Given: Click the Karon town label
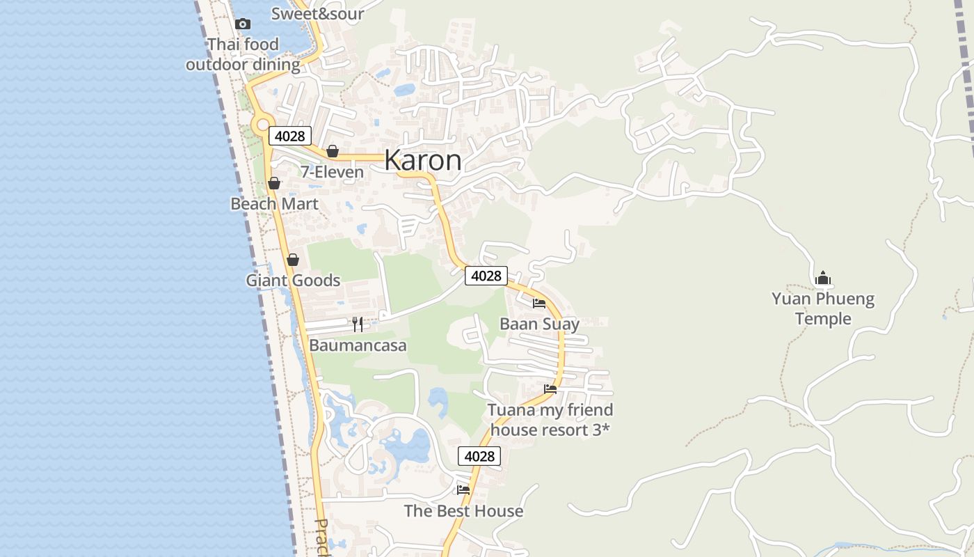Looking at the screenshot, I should click(x=422, y=160).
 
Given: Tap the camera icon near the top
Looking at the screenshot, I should click(x=242, y=24).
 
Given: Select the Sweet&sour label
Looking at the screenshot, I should click(x=317, y=13).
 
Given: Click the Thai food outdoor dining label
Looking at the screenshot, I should click(x=243, y=54).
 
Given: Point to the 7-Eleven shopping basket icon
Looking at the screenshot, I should click(x=333, y=151).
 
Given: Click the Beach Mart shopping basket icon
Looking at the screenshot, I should click(x=274, y=183).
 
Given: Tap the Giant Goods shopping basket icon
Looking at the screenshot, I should click(x=293, y=260).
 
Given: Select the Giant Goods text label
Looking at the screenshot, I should click(x=293, y=281).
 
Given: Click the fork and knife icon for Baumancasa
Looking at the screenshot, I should click(x=358, y=324).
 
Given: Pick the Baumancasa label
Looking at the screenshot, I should click(x=358, y=345).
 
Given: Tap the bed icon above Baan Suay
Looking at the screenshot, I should click(x=539, y=303).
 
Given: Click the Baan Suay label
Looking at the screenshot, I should click(x=539, y=324).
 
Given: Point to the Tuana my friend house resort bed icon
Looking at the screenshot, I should click(x=550, y=389).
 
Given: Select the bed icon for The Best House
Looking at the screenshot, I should click(x=463, y=489).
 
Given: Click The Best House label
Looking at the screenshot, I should click(x=463, y=511).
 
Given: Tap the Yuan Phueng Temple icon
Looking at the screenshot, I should click(x=823, y=278).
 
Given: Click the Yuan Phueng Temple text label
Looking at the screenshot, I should click(x=823, y=309).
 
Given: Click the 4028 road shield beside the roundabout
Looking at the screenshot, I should click(x=289, y=136).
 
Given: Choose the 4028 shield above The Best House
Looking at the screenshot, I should click(x=479, y=456).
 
